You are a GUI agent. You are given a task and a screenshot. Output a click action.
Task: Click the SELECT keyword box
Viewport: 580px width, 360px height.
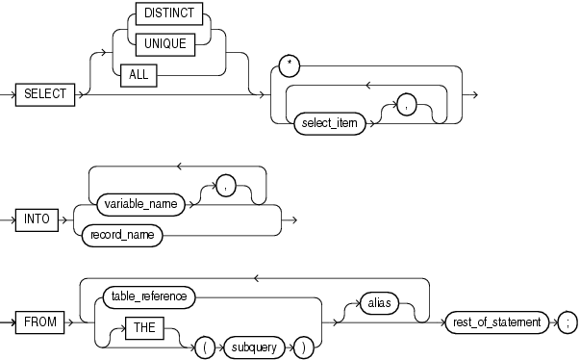[x=46, y=93]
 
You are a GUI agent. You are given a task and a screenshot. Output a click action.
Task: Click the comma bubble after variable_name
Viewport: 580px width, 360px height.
[x=225, y=188]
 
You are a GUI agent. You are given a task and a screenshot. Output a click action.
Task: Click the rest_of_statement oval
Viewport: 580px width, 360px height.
[x=496, y=321]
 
